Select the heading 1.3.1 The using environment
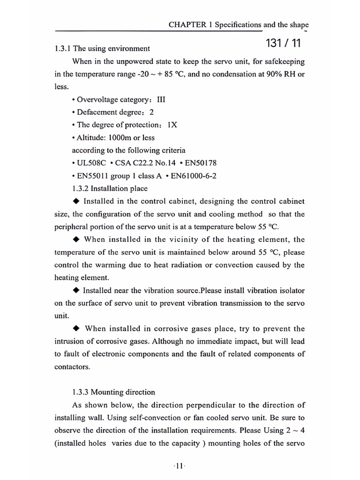coord(102,48)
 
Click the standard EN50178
coord(199,163)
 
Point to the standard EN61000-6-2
coord(194,176)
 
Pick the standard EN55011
coord(94,176)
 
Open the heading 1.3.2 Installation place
coord(110,188)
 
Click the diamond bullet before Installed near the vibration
coord(76,290)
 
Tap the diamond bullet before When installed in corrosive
coord(77,328)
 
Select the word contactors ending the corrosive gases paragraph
coord(72,367)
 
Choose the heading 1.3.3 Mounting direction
coord(113,392)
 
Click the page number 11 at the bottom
coord(180,466)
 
